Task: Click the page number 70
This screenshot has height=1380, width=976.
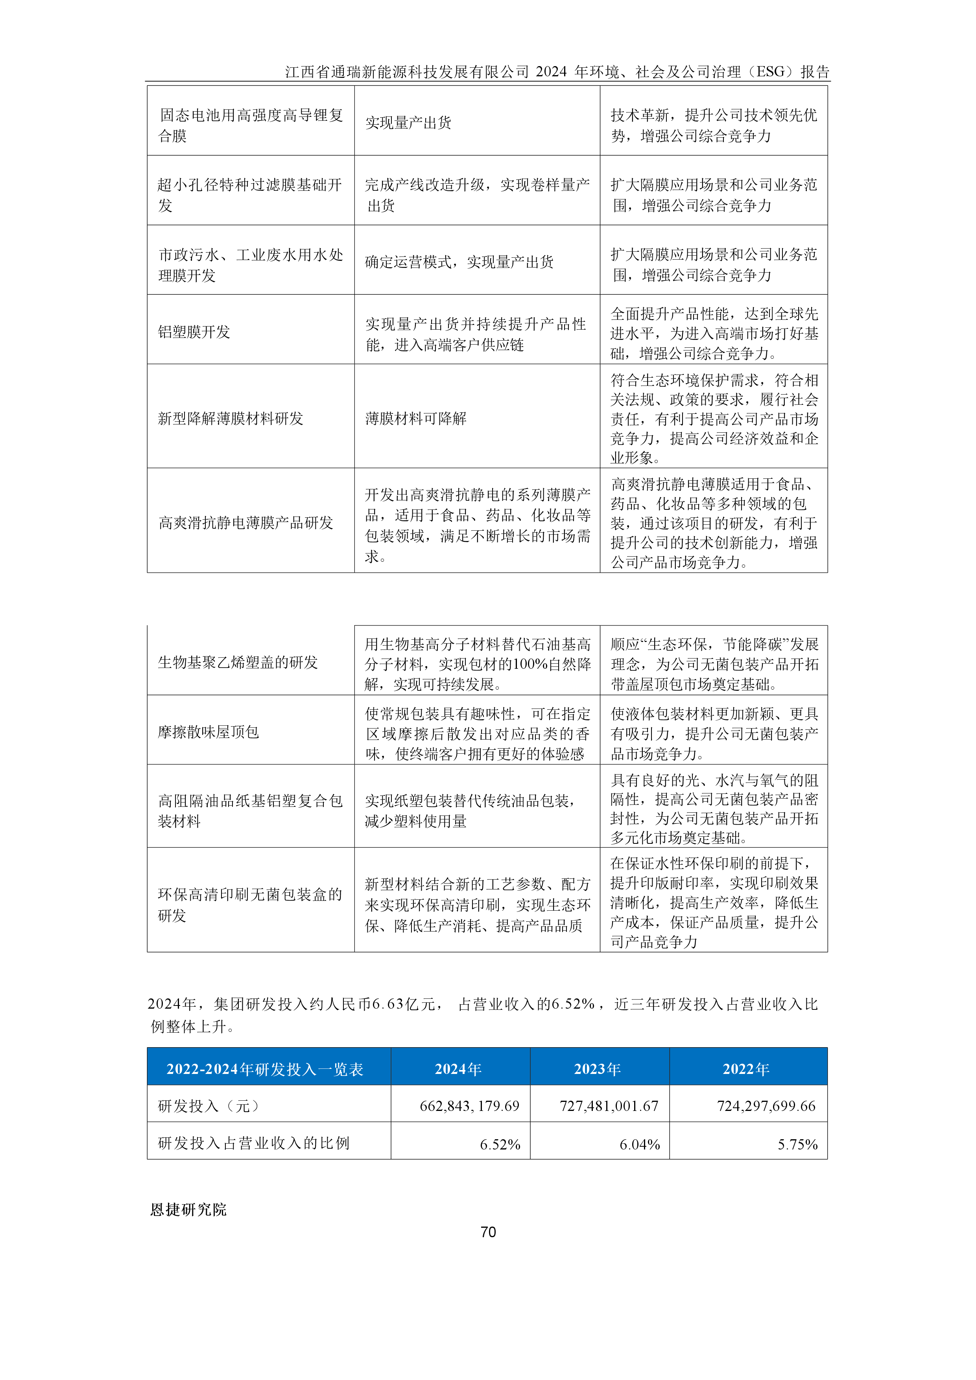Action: (488, 1232)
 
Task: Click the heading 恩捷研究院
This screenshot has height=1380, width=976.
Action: (188, 1209)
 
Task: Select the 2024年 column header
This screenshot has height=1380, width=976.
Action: (458, 1069)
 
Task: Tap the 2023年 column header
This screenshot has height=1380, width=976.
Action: (598, 1069)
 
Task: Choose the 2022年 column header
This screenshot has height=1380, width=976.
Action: (746, 1069)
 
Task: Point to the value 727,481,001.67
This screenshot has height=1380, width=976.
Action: (609, 1106)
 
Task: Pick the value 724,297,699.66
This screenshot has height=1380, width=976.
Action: (766, 1106)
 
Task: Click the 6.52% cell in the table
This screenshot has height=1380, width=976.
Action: (500, 1144)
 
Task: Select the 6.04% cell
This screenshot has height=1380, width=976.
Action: (639, 1144)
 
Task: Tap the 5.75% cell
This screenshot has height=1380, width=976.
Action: (797, 1144)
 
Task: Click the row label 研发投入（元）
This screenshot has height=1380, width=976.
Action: (208, 1106)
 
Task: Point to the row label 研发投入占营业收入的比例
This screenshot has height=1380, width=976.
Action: (254, 1143)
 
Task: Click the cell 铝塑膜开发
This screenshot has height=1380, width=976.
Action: (194, 332)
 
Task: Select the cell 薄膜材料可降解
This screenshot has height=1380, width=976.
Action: (416, 418)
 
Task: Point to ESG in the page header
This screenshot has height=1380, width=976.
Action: (771, 72)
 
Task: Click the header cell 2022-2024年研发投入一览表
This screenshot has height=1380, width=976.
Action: (265, 1069)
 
